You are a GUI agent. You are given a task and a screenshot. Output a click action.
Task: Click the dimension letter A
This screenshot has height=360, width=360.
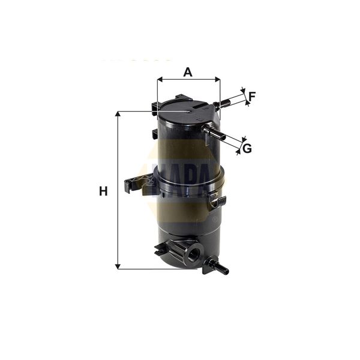188,72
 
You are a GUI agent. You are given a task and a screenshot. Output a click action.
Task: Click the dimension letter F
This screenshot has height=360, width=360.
252,95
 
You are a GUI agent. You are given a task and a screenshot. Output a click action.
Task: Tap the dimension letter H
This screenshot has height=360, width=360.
103,191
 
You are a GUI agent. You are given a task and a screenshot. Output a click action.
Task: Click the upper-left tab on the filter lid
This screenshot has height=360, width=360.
157,109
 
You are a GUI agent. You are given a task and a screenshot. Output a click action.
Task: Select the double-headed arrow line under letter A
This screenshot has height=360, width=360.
188,79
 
